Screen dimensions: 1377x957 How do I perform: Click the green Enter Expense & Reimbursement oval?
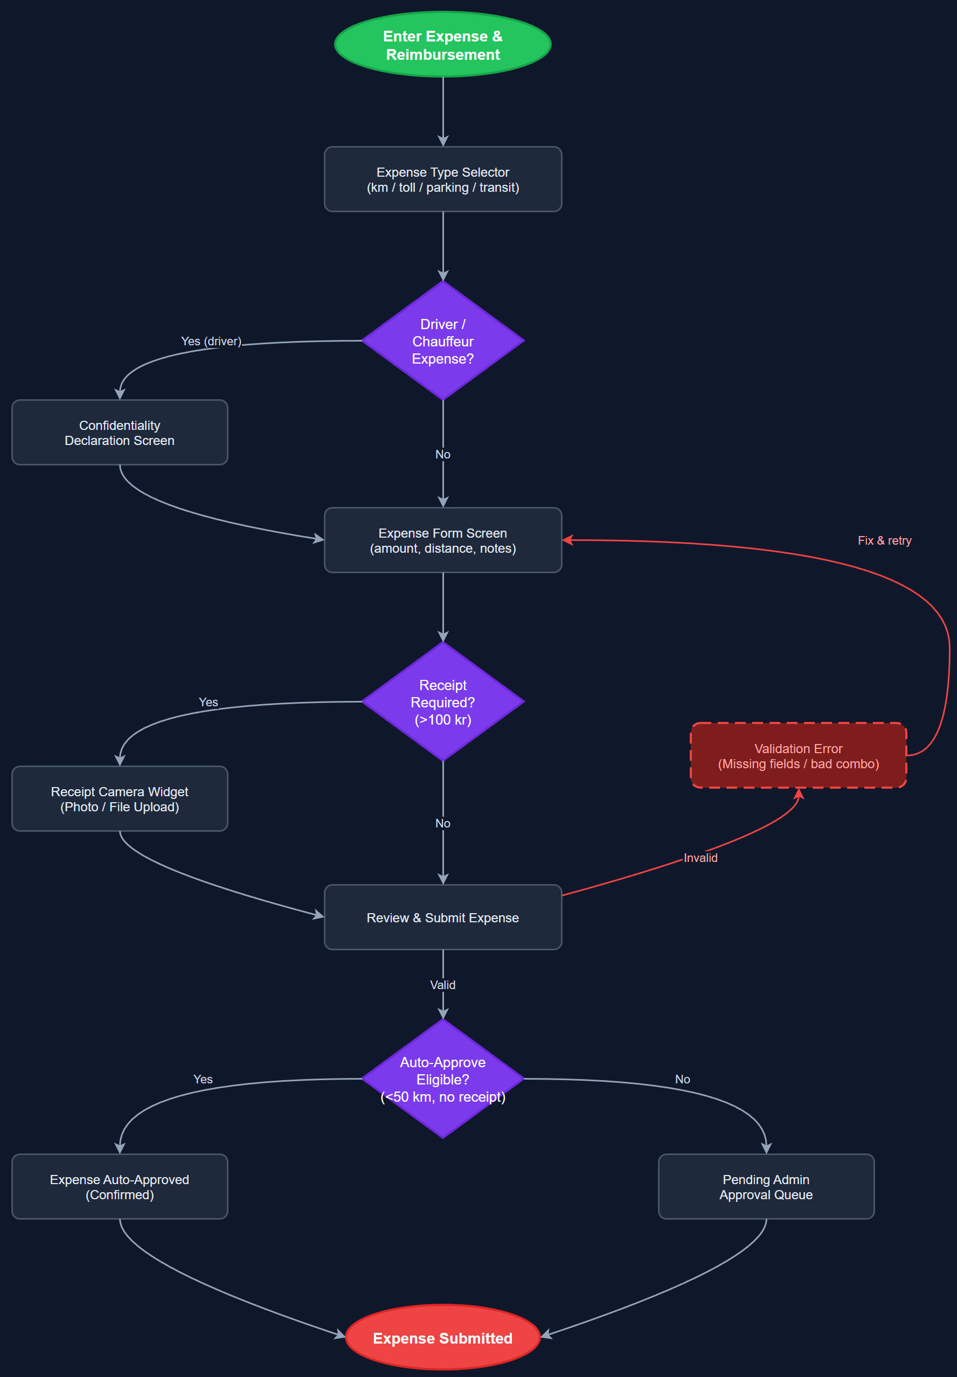click(442, 44)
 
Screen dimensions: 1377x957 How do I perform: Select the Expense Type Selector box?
click(442, 179)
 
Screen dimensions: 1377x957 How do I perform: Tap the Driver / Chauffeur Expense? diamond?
click(442, 340)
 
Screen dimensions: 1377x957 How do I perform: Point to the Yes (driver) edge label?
click(211, 341)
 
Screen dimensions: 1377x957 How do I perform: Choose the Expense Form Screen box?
click(442, 540)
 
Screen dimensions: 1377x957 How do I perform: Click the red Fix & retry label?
click(884, 540)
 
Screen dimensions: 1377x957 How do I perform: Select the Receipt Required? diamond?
click(442, 701)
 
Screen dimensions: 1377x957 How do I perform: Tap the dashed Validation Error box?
click(798, 755)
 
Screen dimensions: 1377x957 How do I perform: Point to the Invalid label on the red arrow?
click(700, 857)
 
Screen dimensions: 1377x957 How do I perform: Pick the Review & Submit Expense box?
click(442, 917)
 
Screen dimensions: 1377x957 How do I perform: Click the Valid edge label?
click(442, 984)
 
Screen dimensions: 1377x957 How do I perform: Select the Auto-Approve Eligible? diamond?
click(442, 1079)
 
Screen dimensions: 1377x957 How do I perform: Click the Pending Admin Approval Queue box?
click(766, 1186)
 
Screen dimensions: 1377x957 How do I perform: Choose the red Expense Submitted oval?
click(442, 1338)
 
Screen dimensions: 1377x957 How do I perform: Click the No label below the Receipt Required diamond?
click(442, 823)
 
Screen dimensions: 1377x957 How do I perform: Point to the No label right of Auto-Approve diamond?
click(682, 1079)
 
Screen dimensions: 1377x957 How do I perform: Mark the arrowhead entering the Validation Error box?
click(799, 794)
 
